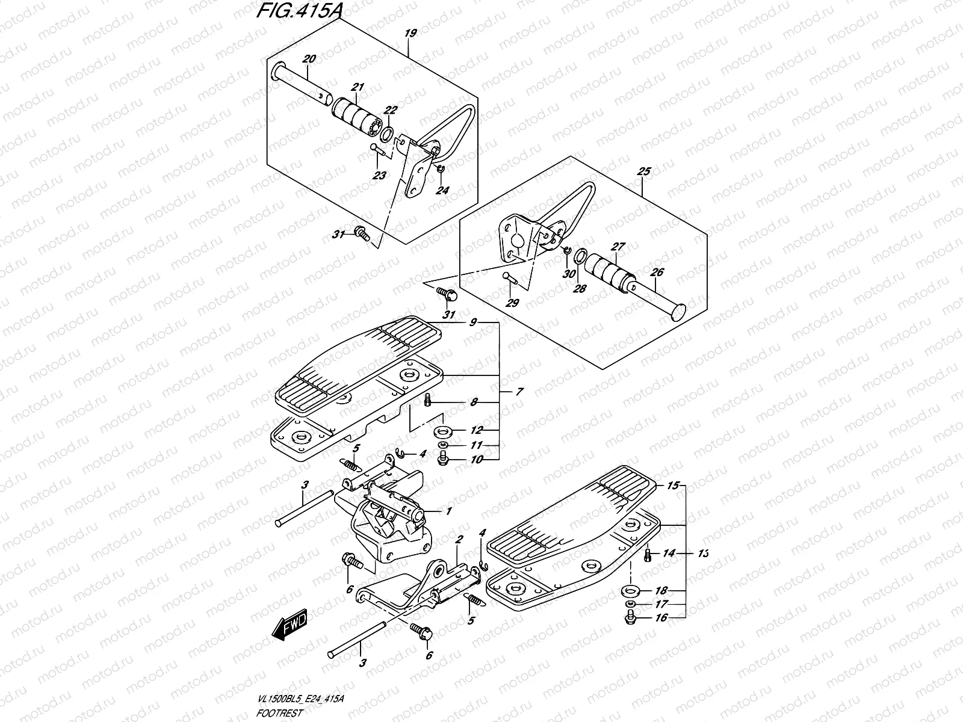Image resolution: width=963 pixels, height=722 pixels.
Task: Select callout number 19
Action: [410, 34]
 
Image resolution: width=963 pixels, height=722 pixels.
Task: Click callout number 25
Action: [643, 171]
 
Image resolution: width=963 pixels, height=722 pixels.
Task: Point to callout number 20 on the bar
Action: [309, 59]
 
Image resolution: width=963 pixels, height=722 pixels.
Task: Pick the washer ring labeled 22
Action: [389, 132]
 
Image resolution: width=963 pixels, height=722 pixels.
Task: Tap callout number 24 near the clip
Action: [442, 190]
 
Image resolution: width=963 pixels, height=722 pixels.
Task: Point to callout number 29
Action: [512, 303]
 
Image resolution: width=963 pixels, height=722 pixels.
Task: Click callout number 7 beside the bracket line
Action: [519, 392]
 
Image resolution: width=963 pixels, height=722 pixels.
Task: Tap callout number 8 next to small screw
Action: [474, 402]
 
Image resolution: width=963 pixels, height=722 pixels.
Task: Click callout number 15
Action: [673, 485]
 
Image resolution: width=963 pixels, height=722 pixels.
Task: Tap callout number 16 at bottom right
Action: [661, 617]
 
